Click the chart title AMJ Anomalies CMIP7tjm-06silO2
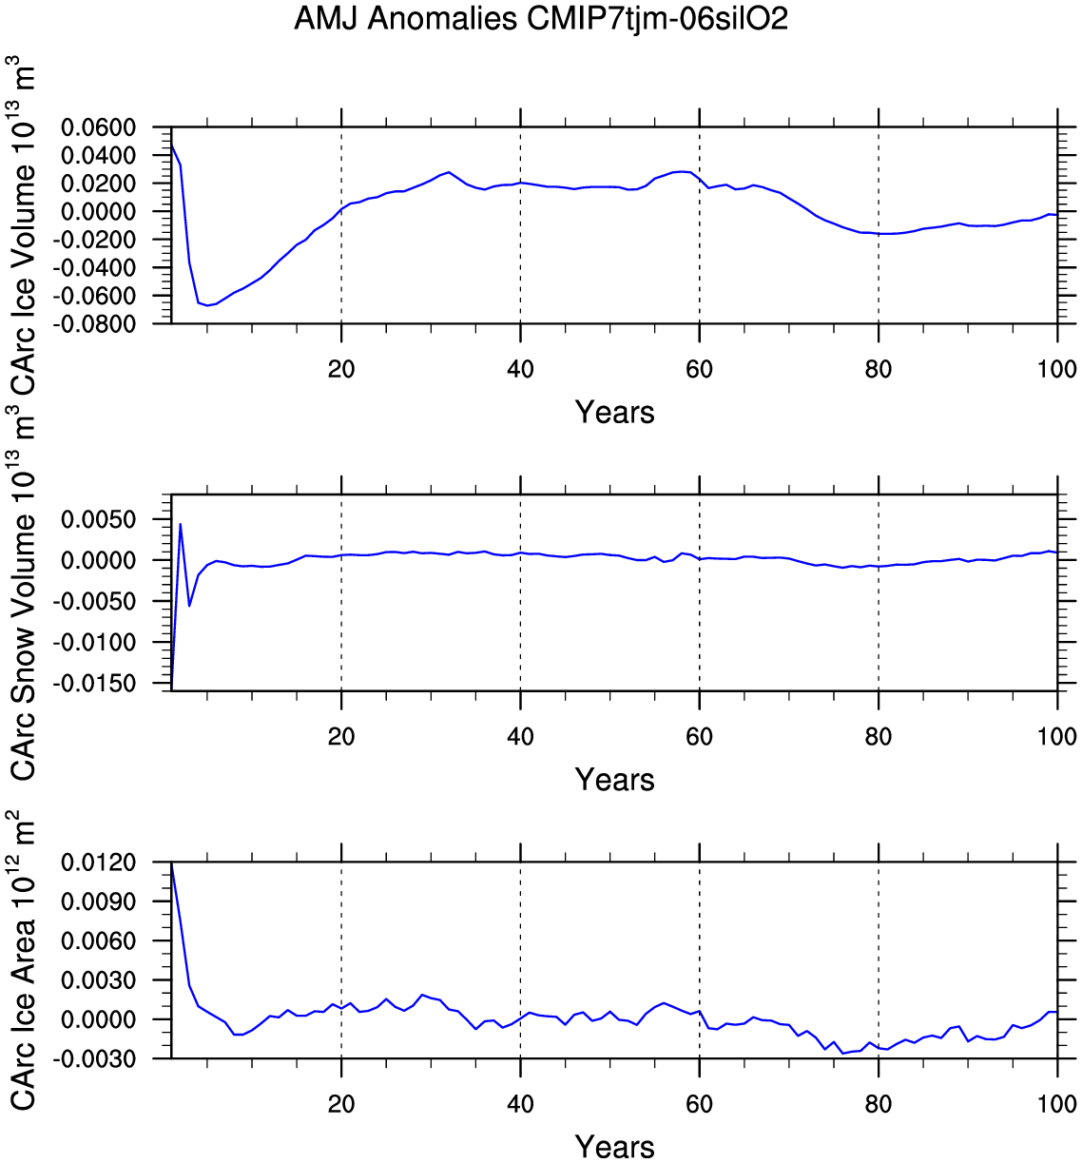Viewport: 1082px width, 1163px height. pos(541,18)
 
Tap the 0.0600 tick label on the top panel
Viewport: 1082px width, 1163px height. pos(98,127)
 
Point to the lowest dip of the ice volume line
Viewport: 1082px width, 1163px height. pos(207,305)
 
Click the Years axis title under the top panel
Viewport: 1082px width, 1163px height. pos(614,413)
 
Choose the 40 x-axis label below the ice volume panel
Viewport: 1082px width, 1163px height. pos(520,369)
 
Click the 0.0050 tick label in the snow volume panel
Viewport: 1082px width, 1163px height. pos(98,519)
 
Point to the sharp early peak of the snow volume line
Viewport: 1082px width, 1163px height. pos(180,524)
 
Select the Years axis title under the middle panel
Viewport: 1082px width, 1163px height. pos(614,780)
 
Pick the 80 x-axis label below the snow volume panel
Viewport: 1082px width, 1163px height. pos(879,736)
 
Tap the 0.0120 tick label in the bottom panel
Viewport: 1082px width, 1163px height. pos(98,863)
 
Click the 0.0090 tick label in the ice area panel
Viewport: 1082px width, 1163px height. pos(98,901)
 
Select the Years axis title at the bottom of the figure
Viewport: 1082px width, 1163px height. pos(614,1147)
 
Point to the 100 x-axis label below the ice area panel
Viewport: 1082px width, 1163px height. pos(1057,1104)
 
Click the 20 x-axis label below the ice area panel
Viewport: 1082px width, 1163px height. pos(341,1104)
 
